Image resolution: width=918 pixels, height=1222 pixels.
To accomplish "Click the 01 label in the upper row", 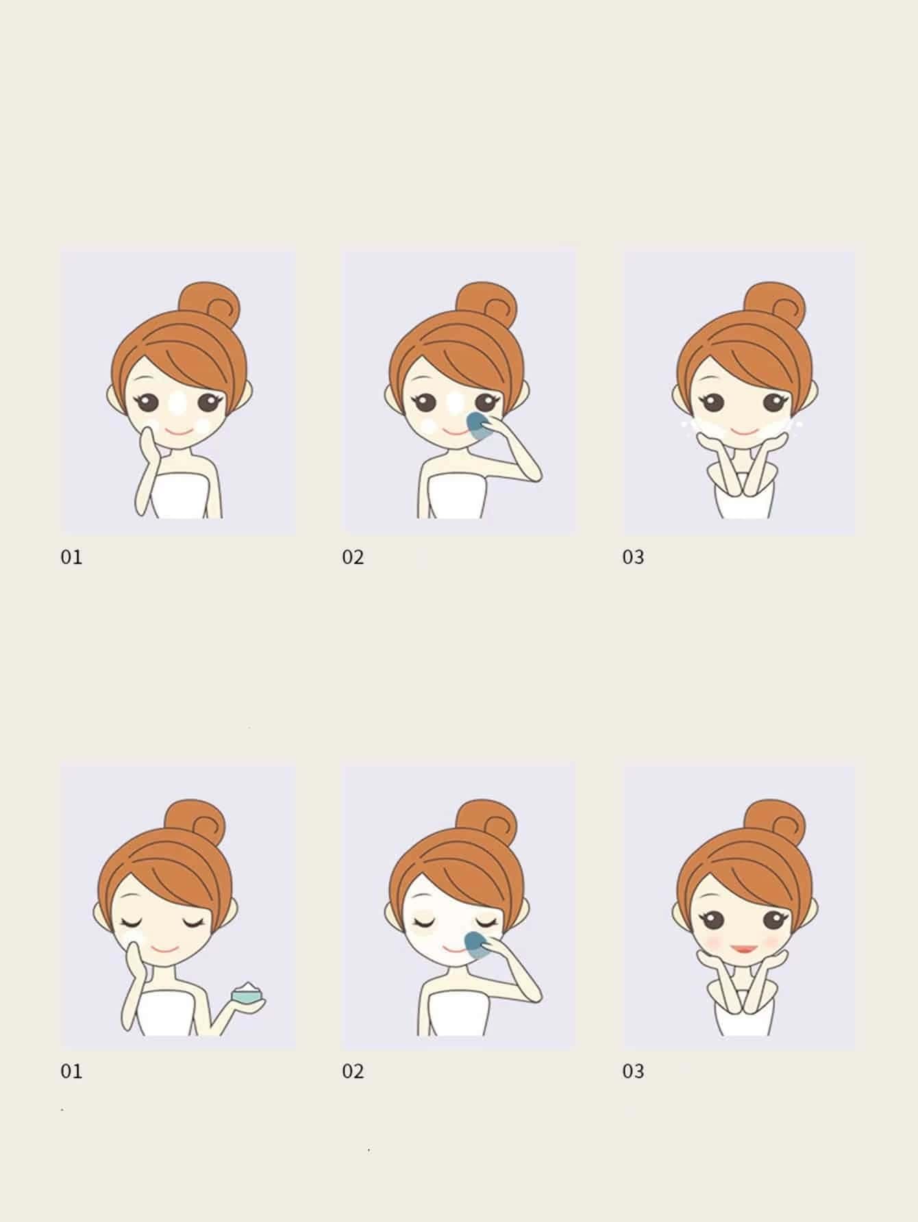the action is click(x=71, y=557).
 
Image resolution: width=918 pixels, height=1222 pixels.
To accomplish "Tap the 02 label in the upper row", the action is click(x=353, y=557).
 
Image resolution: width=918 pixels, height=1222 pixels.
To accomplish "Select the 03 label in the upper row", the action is click(x=633, y=557).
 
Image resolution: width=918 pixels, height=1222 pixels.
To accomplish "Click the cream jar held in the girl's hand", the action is click(x=248, y=993).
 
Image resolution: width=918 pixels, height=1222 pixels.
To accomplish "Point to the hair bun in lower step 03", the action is click(x=774, y=822).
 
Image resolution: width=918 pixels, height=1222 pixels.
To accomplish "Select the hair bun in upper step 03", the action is click(x=774, y=305).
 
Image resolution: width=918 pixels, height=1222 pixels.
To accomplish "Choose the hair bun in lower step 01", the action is click(x=195, y=822).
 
